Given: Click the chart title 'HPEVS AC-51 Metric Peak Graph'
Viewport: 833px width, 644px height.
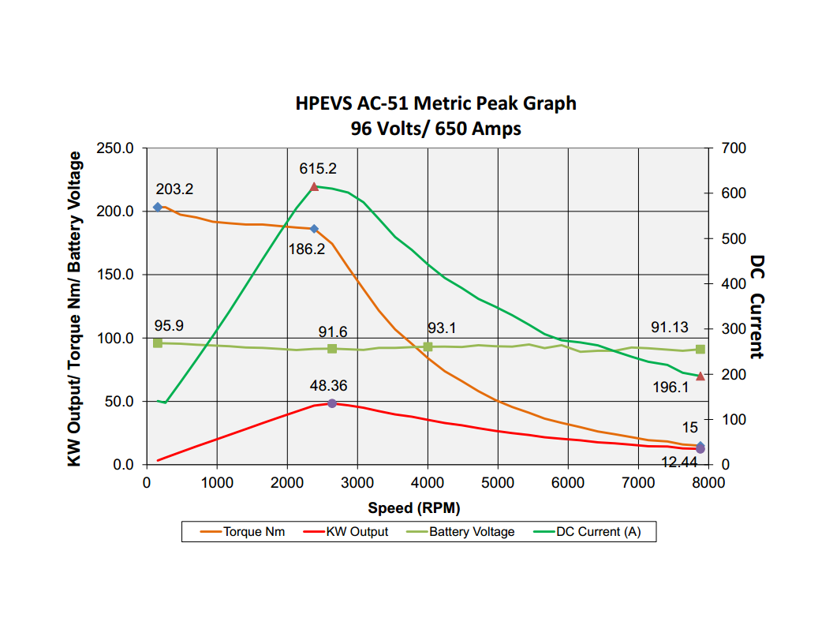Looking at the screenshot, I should tap(435, 103).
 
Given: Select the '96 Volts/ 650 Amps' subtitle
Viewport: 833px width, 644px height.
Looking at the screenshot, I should tap(435, 128).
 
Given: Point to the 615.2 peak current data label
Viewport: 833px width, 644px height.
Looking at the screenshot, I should tap(318, 168).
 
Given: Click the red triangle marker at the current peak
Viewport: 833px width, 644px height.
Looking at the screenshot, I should tap(314, 187).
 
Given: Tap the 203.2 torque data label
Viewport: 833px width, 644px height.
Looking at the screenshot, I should tap(174, 189).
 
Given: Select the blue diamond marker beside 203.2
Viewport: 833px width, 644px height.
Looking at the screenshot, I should tap(158, 207).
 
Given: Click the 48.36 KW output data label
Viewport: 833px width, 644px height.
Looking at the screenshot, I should tap(328, 386).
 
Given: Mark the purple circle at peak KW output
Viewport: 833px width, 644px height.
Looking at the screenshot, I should tap(332, 403).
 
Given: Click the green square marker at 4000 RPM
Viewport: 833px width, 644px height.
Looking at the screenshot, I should tap(428, 346).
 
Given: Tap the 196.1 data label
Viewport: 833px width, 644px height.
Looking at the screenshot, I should tap(671, 388).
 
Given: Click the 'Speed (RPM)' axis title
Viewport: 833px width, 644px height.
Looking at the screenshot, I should tap(413, 507).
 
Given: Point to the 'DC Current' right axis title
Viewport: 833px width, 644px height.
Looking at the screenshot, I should tap(757, 306).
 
